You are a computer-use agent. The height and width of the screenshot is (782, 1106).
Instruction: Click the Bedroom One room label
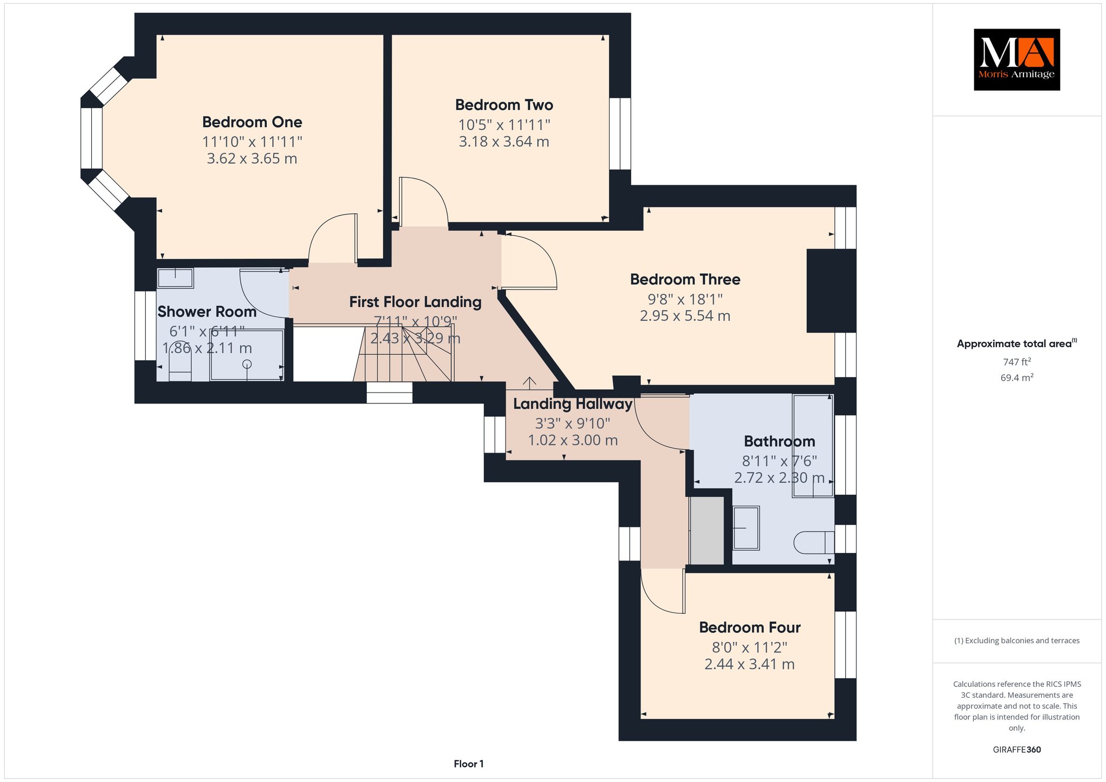point(252,122)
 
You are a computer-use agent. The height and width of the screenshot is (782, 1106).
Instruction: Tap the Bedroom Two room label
point(504,105)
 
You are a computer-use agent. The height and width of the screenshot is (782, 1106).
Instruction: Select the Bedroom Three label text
point(685,279)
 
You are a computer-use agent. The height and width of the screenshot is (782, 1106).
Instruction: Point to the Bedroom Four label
point(750,627)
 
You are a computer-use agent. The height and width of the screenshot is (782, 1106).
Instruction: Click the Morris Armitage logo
point(1016,59)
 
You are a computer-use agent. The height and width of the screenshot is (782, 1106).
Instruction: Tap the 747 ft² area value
point(1017,362)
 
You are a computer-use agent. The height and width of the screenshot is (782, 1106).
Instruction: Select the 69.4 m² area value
point(1017,377)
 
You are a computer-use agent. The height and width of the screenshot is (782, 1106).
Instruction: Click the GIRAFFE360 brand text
point(1017,750)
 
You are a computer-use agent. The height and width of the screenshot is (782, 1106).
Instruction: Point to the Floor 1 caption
point(469,764)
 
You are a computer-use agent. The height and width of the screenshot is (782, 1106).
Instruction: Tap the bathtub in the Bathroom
point(813,446)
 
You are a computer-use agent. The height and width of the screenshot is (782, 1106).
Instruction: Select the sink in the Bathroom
point(746,528)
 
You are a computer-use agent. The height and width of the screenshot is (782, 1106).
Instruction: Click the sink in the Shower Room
point(175,278)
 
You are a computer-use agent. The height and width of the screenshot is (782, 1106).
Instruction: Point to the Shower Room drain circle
point(247,364)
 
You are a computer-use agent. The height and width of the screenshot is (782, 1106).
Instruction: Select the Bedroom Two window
point(620,133)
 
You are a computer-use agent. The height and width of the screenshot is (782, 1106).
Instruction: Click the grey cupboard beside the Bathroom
point(707,531)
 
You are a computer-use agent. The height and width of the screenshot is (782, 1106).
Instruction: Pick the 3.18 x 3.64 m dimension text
point(504,141)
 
